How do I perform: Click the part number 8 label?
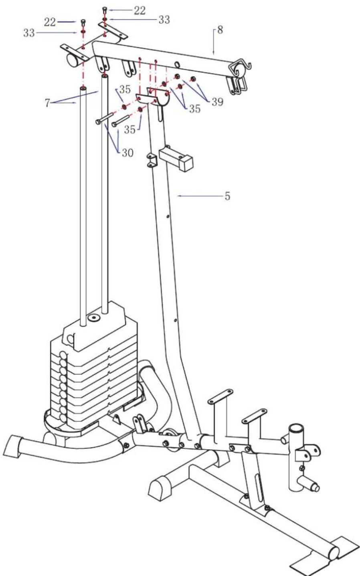click(220, 30)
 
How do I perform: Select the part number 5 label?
click(227, 196)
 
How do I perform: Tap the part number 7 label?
click(47, 103)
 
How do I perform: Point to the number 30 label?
click(127, 153)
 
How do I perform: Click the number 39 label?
click(217, 102)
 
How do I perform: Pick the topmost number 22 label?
click(140, 10)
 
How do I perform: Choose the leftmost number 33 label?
click(29, 33)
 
